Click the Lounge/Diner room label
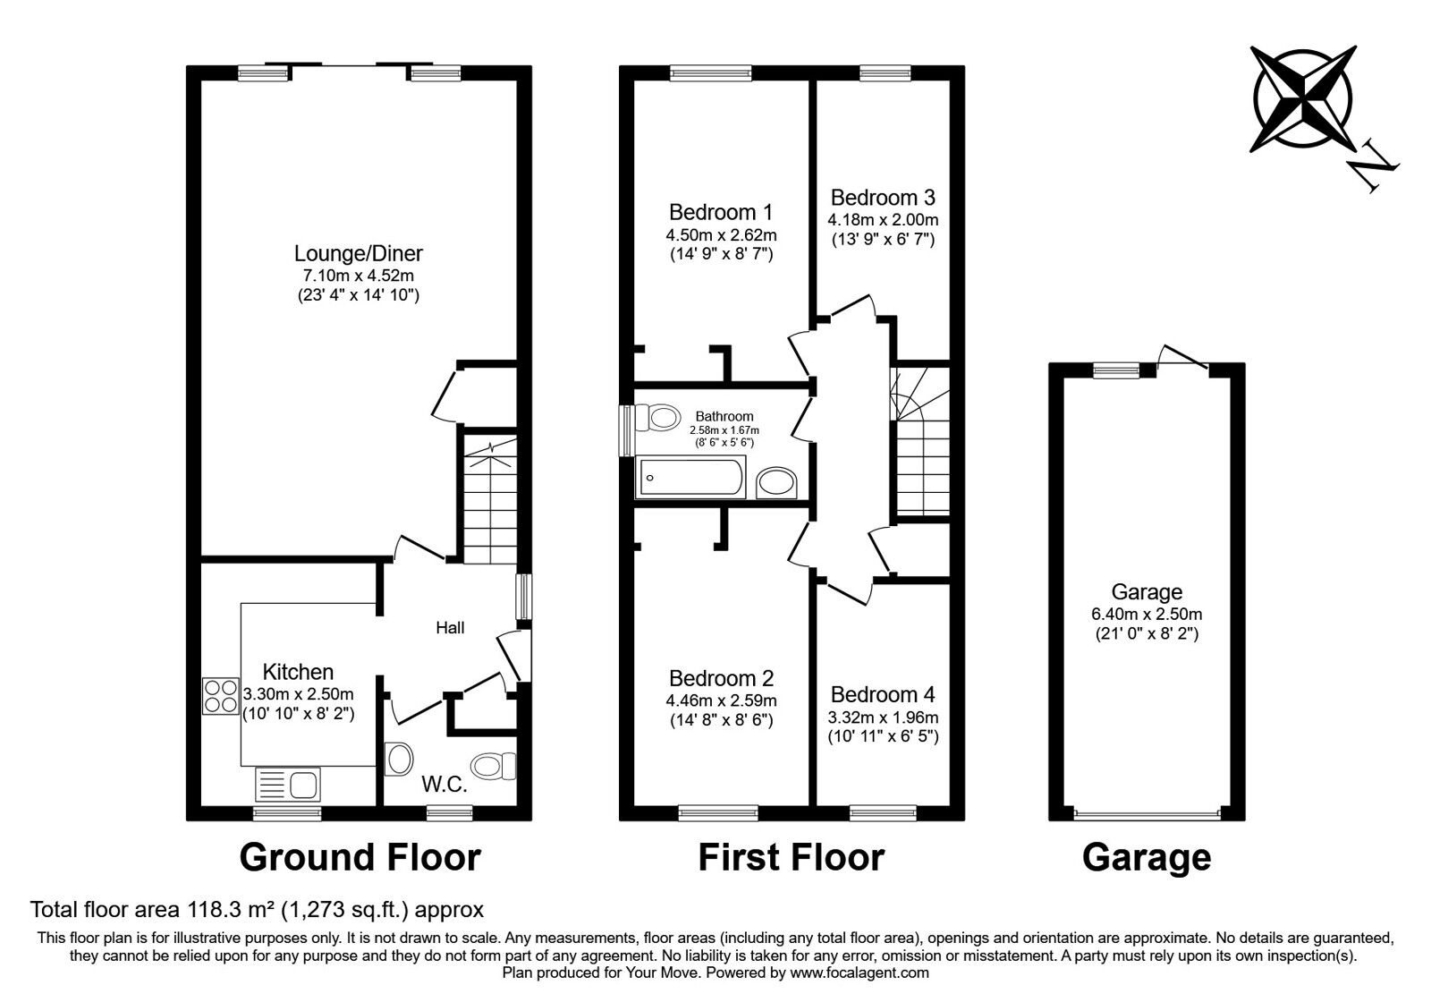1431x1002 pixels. (x=359, y=254)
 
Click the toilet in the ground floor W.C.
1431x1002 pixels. (x=495, y=765)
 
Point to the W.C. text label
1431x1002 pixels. (x=445, y=785)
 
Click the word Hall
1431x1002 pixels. (x=450, y=628)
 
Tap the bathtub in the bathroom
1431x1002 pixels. (x=690, y=478)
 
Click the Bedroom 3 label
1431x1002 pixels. (x=883, y=198)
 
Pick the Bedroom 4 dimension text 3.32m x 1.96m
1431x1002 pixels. (x=883, y=718)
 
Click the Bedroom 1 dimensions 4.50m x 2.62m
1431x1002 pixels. (x=721, y=235)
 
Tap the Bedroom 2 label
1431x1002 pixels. (x=721, y=678)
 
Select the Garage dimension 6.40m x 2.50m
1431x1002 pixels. (x=1147, y=615)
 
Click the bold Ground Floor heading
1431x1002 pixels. (x=360, y=857)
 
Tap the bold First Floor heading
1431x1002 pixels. (x=791, y=857)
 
